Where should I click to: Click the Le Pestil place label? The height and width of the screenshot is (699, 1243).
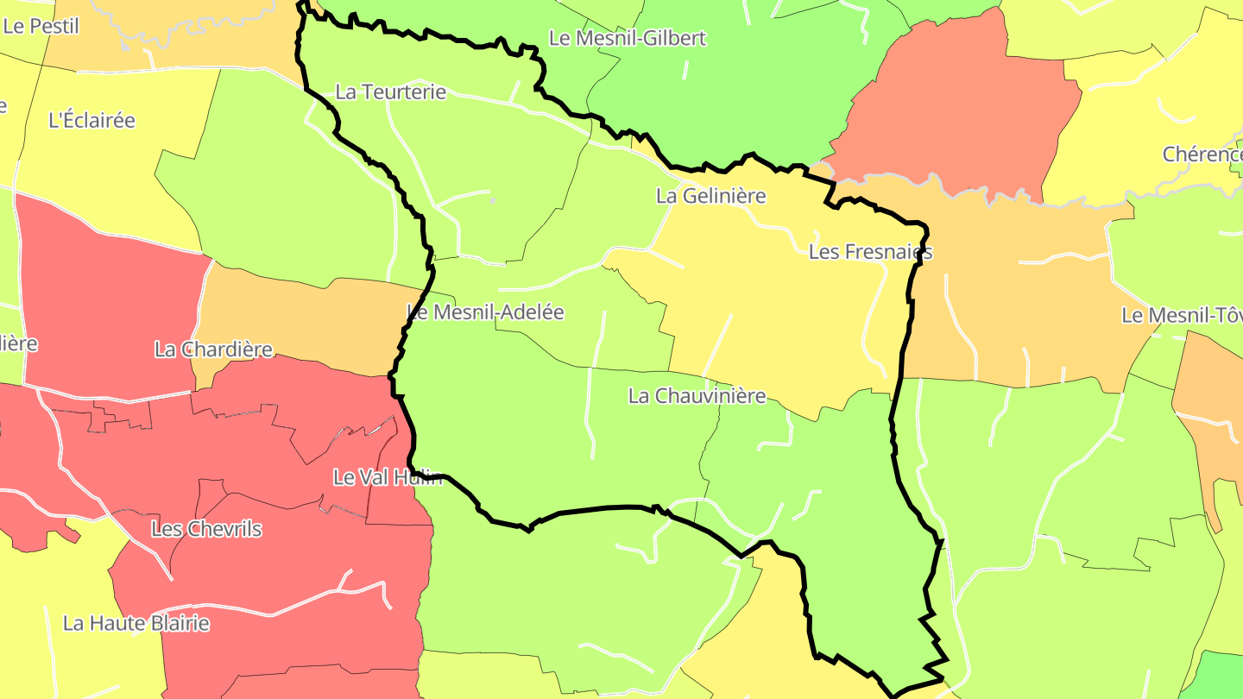(41, 26)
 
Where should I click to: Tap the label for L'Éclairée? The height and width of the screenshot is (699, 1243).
(92, 120)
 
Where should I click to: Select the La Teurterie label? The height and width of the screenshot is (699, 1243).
(390, 91)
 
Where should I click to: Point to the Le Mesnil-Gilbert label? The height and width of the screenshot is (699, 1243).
(628, 38)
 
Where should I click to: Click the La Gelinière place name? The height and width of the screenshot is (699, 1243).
(710, 196)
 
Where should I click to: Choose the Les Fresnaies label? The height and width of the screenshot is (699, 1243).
(870, 252)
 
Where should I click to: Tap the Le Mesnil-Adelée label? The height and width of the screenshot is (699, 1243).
(485, 312)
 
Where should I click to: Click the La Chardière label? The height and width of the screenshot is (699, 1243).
(213, 349)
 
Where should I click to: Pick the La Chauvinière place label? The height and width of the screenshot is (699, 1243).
(697, 396)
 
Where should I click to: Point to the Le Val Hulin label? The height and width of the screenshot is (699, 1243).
(388, 477)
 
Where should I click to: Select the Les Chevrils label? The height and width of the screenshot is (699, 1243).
(206, 529)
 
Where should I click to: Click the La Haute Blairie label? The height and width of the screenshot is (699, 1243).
(136, 623)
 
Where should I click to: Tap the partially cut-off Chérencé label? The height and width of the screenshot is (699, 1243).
(1202, 154)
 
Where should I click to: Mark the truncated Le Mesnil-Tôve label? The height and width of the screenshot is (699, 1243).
(1182, 315)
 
